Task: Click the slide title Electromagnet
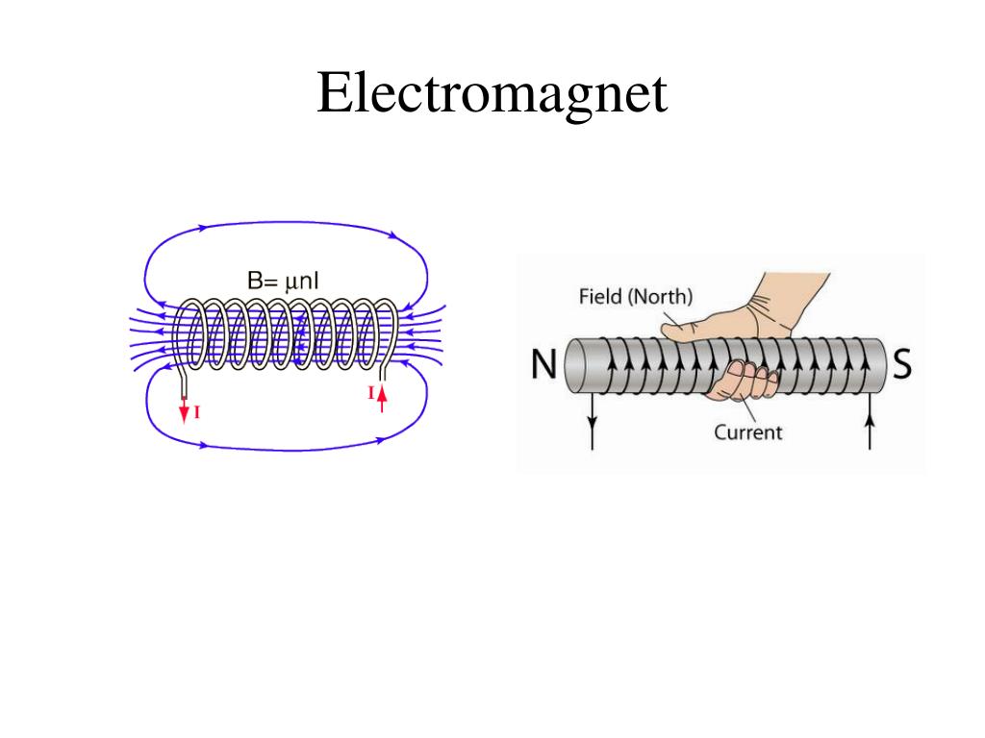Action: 492,94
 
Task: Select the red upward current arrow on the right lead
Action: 381,397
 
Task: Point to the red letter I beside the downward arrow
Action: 197,413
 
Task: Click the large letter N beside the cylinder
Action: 543,364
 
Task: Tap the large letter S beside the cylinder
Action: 901,364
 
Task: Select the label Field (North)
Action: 635,296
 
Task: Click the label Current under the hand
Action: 747,432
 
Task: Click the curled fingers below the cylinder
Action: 745,379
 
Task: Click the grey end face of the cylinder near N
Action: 575,365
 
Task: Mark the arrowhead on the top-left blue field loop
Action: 203,228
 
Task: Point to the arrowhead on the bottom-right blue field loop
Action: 380,440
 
